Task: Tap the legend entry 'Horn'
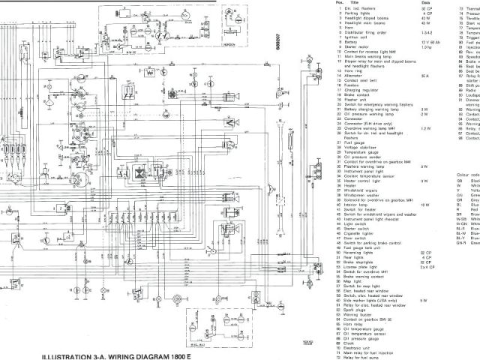349,28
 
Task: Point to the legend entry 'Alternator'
352,75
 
